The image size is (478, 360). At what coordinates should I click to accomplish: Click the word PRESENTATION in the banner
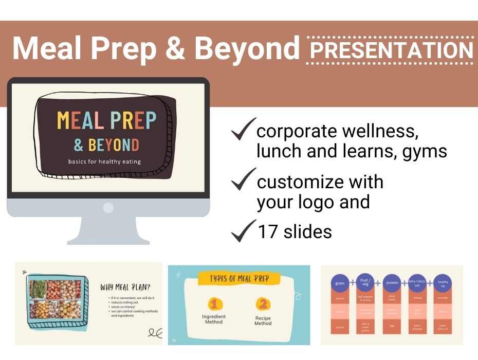390,50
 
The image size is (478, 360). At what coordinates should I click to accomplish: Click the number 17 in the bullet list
268,232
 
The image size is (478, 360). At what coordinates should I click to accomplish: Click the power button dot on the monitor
108,207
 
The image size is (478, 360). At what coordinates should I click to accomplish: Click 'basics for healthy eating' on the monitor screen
105,161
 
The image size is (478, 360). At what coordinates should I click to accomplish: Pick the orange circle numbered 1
214,304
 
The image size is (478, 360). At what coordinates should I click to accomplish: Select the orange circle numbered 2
263,304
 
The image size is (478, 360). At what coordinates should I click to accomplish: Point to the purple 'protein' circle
392,283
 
